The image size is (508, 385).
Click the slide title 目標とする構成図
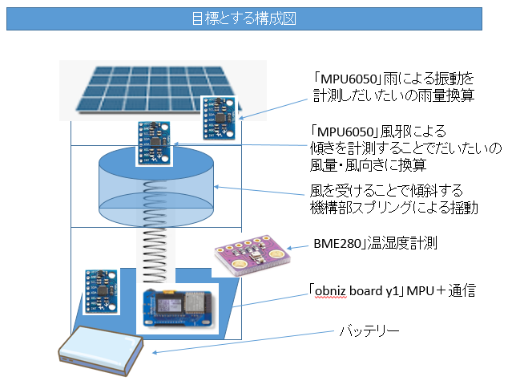click(x=244, y=18)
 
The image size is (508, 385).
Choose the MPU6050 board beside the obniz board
click(x=103, y=294)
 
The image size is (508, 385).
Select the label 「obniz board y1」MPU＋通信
click(x=393, y=290)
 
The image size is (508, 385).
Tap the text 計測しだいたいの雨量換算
click(x=393, y=95)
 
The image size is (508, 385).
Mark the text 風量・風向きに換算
click(x=368, y=165)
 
